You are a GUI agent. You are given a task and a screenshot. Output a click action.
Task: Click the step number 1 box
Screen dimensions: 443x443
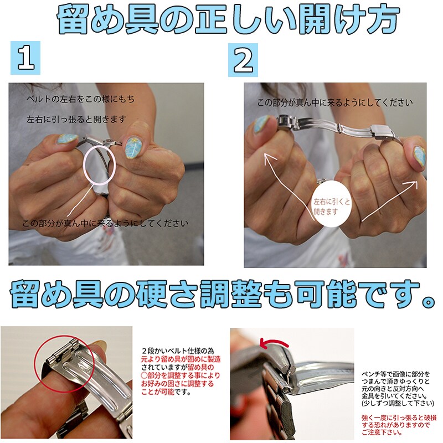pos(25,58)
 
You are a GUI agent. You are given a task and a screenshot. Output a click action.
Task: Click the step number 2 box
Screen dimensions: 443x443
pos(243,60)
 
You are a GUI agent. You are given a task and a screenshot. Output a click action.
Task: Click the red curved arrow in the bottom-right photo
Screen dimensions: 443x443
pos(274,342)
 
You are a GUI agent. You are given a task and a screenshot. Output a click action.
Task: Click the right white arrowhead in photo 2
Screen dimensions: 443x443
pos(413,184)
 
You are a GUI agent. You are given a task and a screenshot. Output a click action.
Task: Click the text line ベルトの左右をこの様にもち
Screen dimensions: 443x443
pos(80,99)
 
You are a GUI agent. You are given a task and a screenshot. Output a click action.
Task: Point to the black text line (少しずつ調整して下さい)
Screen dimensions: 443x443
pos(398,403)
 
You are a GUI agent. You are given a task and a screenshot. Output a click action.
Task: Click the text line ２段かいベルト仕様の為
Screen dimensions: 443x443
pos(178,351)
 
